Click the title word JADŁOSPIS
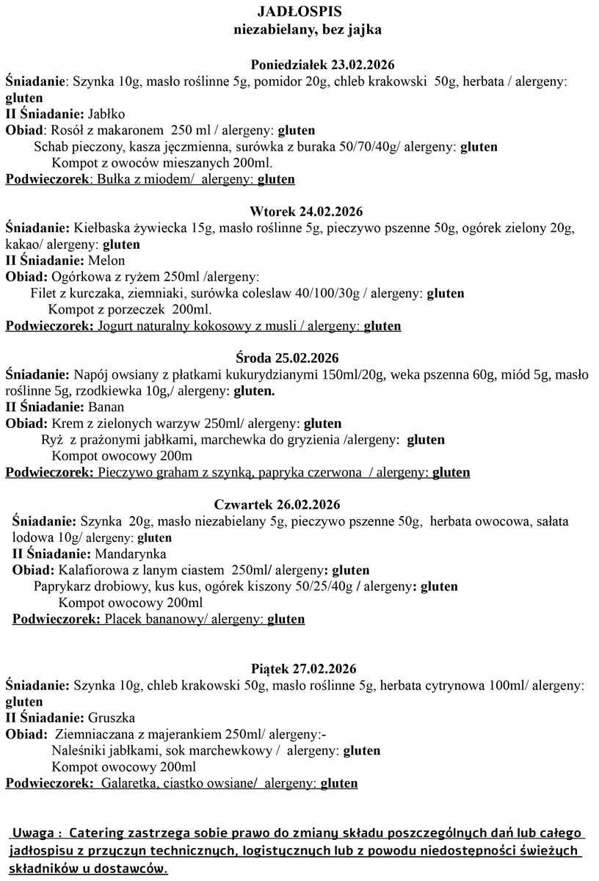(x=299, y=12)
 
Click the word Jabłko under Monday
(x=106, y=114)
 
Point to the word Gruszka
(x=111, y=717)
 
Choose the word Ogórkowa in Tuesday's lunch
(x=79, y=277)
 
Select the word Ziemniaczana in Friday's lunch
(x=93, y=734)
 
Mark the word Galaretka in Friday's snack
(x=128, y=783)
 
